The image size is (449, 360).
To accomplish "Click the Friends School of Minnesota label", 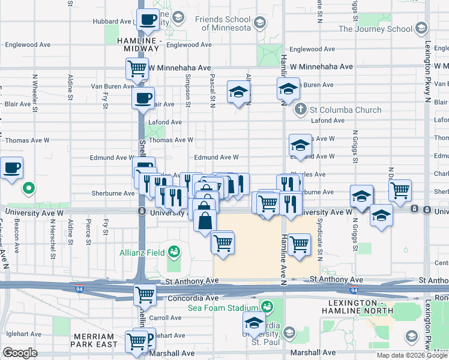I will click(x=222, y=23).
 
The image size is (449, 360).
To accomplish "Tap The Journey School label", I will click(x=375, y=28).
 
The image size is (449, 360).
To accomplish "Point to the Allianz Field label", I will click(x=141, y=251).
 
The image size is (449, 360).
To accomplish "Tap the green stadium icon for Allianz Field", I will click(x=175, y=251).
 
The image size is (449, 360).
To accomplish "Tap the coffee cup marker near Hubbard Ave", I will click(x=148, y=20).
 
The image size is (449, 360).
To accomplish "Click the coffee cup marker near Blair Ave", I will click(x=143, y=98).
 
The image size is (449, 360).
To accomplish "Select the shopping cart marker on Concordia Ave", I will click(x=145, y=295).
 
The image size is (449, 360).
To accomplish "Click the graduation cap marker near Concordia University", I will click(x=254, y=323).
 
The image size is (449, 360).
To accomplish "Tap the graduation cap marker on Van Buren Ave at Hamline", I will click(x=288, y=89).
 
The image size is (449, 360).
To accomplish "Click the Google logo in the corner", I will click(x=20, y=353).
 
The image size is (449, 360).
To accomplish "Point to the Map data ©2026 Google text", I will click(x=412, y=355).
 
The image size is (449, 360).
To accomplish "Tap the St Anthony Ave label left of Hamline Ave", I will click(x=191, y=280).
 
